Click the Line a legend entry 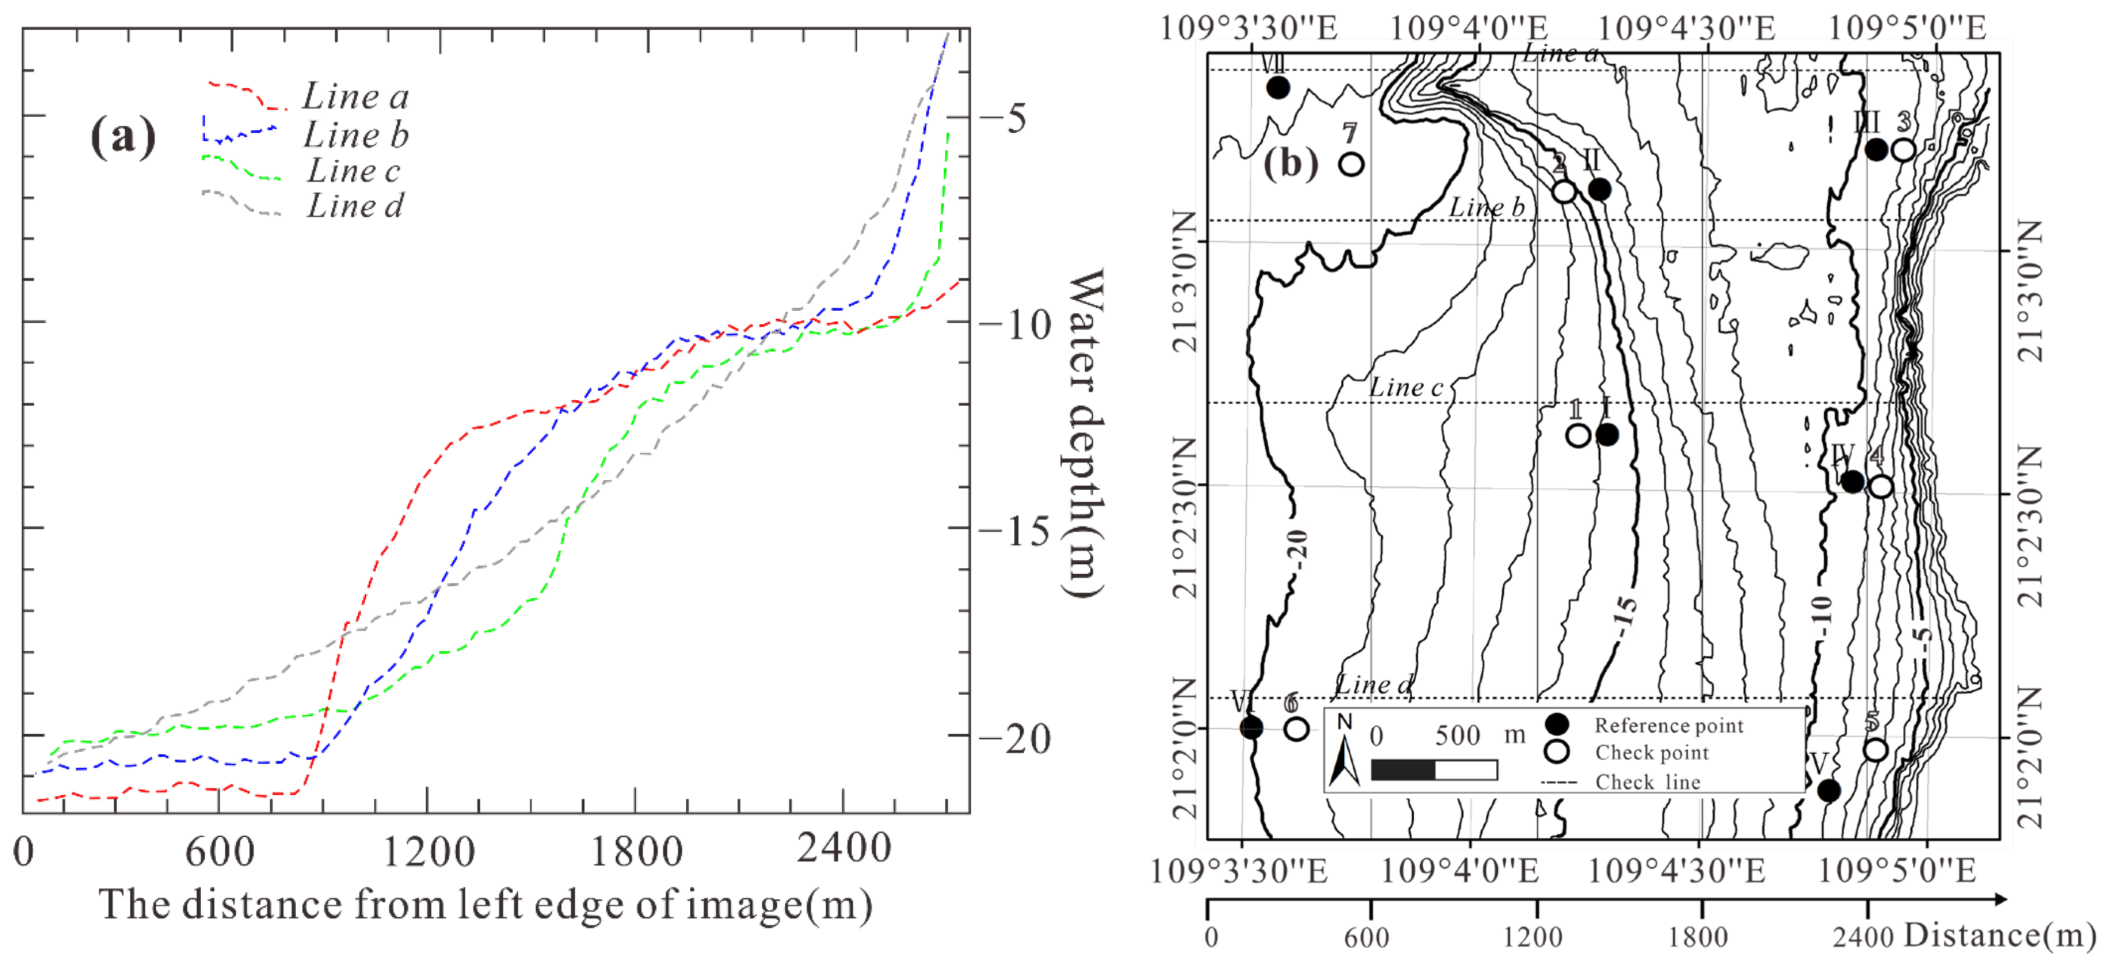(355, 96)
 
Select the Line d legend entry (355, 206)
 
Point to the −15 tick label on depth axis (1014, 532)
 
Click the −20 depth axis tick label (1014, 739)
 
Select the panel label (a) (123, 135)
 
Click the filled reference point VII (1278, 87)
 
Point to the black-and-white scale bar (1434, 769)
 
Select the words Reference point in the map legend (1669, 725)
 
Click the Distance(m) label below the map (1999, 935)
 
